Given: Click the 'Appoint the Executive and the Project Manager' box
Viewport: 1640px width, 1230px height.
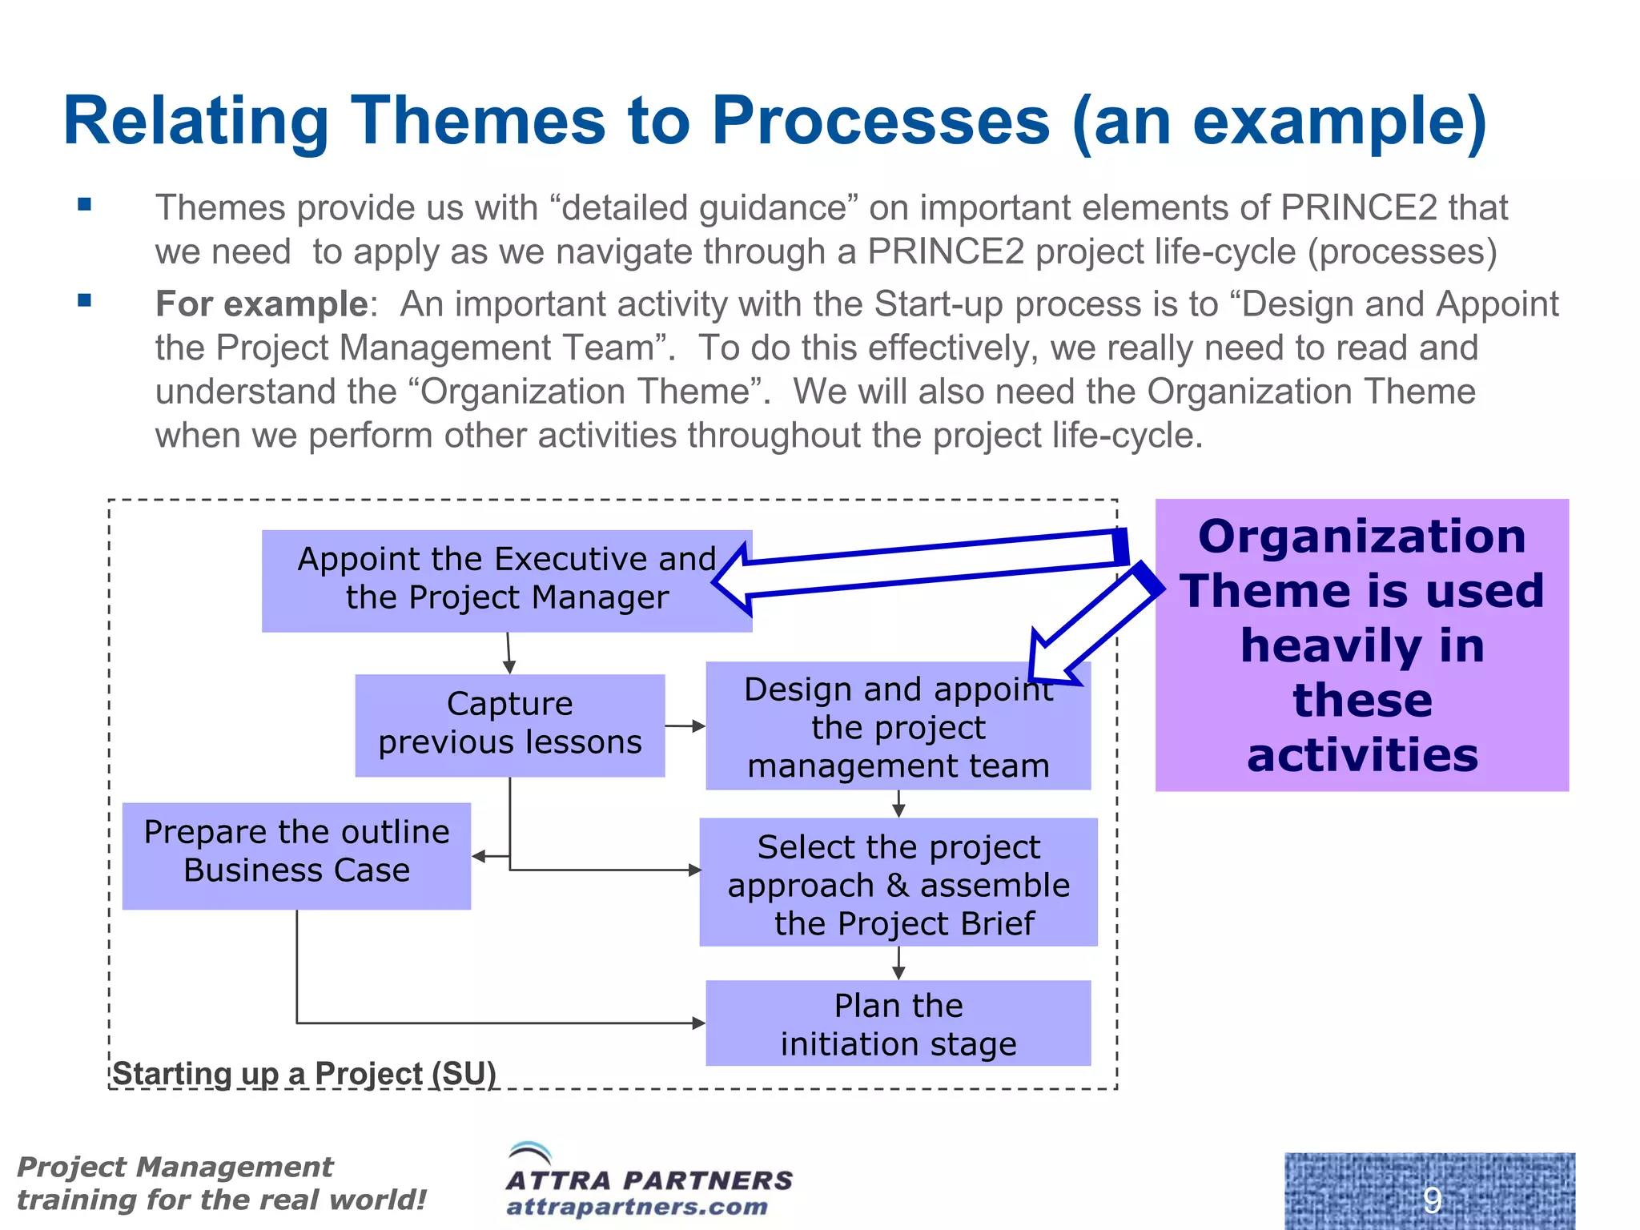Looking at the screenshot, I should [x=506, y=581].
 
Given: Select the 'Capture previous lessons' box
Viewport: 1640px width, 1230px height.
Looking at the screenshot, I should [x=509, y=725].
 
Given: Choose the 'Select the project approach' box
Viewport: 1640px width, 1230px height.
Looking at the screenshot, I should [x=898, y=882].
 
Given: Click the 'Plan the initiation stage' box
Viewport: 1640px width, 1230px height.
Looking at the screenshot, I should [x=898, y=1023].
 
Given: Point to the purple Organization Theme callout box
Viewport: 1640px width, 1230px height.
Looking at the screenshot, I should [x=1361, y=645].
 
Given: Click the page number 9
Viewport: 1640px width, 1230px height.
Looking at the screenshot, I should [x=1432, y=1199].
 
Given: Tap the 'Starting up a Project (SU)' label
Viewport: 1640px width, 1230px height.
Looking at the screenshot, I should [x=304, y=1073].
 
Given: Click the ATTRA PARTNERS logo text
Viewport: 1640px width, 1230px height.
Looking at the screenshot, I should [x=649, y=1180].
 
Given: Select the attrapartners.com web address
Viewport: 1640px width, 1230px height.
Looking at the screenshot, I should [x=637, y=1207].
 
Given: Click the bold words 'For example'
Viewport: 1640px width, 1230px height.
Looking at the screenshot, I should [x=261, y=304].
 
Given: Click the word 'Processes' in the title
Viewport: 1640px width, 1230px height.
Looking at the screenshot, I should [x=880, y=122].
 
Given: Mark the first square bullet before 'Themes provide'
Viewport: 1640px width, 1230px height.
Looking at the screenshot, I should [x=84, y=205].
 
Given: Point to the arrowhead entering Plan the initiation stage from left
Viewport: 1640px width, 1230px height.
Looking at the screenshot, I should [x=698, y=1023].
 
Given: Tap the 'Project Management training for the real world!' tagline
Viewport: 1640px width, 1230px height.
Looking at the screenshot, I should [x=220, y=1184].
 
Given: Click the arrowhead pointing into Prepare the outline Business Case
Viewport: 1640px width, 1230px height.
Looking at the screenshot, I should [x=479, y=856].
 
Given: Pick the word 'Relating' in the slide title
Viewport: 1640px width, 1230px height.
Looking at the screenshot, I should [x=195, y=122].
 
